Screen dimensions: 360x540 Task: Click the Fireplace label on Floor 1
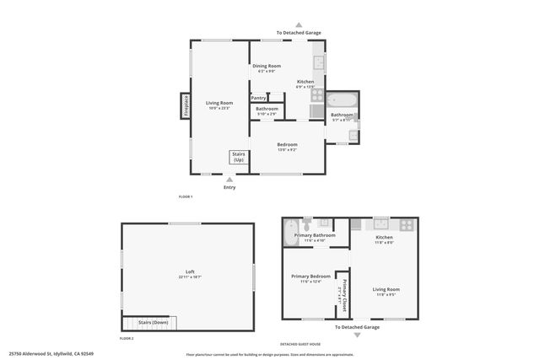click(x=186, y=106)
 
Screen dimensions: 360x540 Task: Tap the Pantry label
click(x=258, y=98)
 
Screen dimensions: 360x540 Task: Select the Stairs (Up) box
click(x=238, y=157)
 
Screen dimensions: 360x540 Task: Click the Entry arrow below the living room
click(x=229, y=179)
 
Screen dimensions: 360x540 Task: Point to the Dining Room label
click(x=267, y=66)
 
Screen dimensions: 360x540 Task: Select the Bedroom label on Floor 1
click(x=288, y=144)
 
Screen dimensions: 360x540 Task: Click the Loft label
click(x=190, y=271)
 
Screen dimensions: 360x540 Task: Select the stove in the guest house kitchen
click(x=407, y=225)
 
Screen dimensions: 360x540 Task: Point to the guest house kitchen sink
click(x=381, y=223)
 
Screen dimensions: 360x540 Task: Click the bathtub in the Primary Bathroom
click(x=289, y=231)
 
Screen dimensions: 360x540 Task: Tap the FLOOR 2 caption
click(x=127, y=338)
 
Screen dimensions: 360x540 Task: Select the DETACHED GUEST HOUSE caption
click(x=301, y=344)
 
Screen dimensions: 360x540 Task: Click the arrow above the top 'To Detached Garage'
click(x=299, y=24)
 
